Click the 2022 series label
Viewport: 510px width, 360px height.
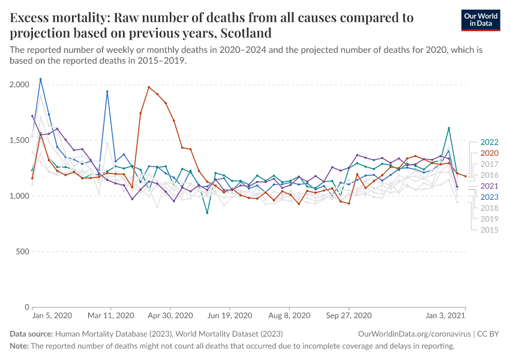tap(489, 142)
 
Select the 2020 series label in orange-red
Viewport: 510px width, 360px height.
tap(489, 153)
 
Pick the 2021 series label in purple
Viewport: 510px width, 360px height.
tap(489, 186)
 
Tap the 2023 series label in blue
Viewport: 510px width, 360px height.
tap(489, 197)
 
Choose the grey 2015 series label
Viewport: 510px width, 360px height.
tap(489, 230)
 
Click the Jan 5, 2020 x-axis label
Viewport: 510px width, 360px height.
tap(52, 315)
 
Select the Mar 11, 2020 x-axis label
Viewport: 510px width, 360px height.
tap(111, 315)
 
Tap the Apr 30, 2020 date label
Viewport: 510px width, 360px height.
tap(170, 315)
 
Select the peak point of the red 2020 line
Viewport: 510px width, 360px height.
tap(149, 87)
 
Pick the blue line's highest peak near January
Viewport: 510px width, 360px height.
tap(40, 79)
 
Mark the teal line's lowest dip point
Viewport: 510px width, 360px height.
tap(207, 213)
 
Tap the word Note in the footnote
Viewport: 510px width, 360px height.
tap(19, 346)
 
